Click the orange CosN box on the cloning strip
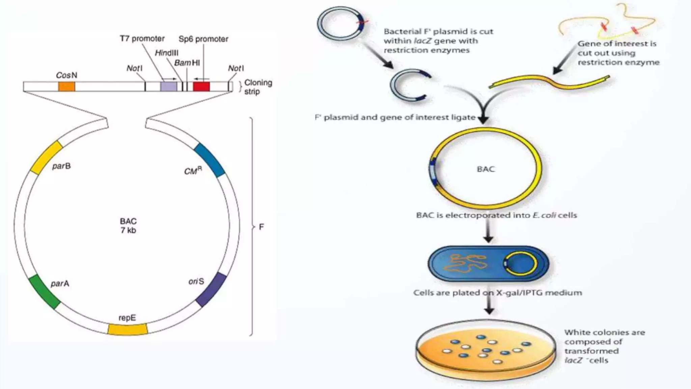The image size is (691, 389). pos(66,86)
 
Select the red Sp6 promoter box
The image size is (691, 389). pos(201,86)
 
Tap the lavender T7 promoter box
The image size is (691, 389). pos(168,86)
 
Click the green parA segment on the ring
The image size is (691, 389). pos(45,292)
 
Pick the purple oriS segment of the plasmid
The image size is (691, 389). pos(211,290)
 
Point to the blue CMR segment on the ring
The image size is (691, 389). pos(210,160)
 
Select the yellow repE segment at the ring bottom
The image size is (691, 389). pos(128,329)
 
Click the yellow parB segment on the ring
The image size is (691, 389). pos(47,157)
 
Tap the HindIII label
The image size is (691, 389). pos(167,53)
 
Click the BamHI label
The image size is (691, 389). pos(187,63)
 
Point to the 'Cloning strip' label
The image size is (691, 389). pos(258,87)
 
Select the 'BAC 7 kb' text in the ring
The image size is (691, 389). pos(128,226)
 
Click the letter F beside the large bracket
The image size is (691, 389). pos(261,227)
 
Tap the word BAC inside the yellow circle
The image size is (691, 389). pos(486,169)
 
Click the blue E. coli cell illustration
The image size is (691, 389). pos(488,263)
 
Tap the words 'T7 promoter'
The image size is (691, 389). pos(142,39)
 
